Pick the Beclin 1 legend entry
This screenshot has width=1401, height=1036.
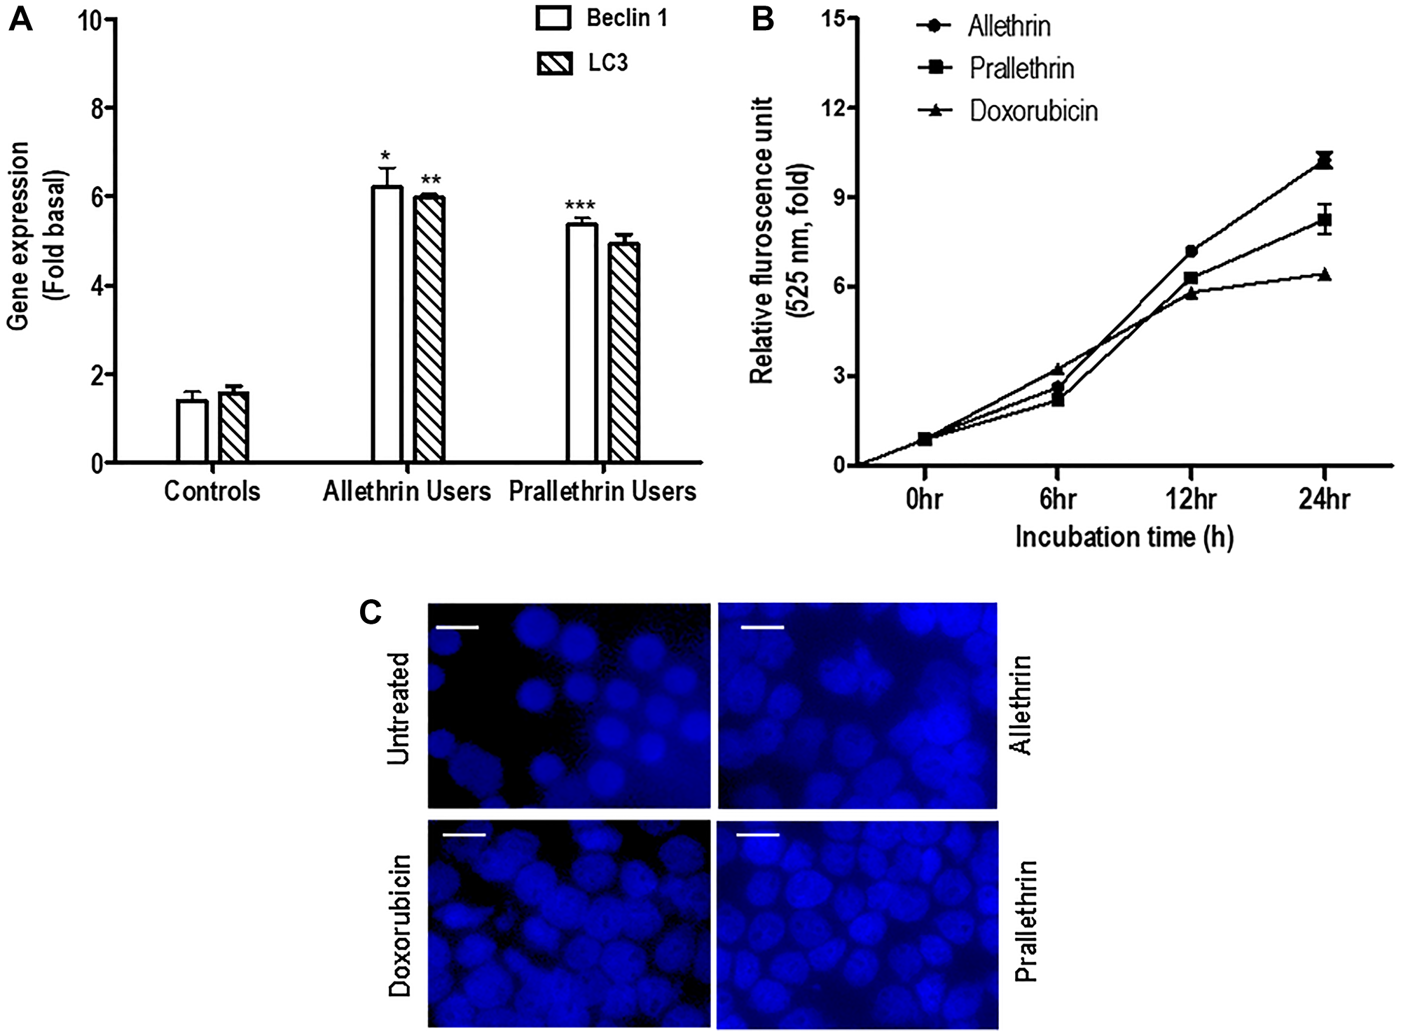(601, 19)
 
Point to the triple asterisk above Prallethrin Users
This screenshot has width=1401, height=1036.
(580, 206)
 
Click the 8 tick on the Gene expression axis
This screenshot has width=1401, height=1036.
(99, 108)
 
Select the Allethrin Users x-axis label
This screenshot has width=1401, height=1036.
(406, 491)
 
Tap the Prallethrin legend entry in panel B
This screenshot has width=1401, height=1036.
(995, 68)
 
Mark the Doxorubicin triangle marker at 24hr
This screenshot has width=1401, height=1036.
(1324, 274)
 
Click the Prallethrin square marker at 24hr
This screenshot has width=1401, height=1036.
(1324, 220)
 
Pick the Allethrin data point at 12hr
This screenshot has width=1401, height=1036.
(1191, 251)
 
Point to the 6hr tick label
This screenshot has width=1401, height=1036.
(1057, 499)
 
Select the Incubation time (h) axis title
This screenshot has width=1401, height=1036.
(1124, 537)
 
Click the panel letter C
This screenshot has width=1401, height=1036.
(371, 612)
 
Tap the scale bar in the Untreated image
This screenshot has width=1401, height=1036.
(457, 628)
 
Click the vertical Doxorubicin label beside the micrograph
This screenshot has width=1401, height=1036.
(400, 925)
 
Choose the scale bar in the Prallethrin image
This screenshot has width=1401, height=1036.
(758, 835)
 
